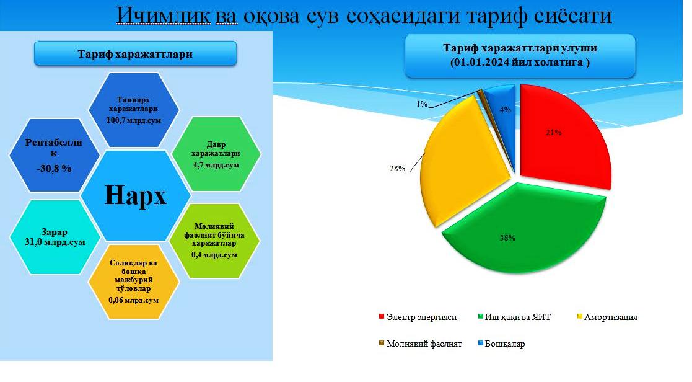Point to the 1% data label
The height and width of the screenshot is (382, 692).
pyautogui.click(x=422, y=104)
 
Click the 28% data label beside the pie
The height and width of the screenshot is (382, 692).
pyautogui.click(x=396, y=168)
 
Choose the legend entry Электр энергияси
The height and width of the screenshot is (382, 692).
pyautogui.click(x=418, y=317)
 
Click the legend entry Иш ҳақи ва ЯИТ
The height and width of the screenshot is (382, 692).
pyautogui.click(x=515, y=317)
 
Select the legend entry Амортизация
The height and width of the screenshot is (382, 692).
pyautogui.click(x=607, y=317)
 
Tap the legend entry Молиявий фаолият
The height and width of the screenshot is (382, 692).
pyautogui.click(x=420, y=344)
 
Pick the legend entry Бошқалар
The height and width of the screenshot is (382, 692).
pyautogui.click(x=501, y=344)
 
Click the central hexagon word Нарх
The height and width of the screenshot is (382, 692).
pyautogui.click(x=136, y=195)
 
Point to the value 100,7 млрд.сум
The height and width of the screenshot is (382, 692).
pyautogui.click(x=134, y=120)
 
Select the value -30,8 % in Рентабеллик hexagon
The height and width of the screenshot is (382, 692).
pyautogui.click(x=54, y=168)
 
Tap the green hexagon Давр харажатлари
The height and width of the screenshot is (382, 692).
pyautogui.click(x=216, y=154)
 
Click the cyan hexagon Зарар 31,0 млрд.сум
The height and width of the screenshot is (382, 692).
pyautogui.click(x=55, y=237)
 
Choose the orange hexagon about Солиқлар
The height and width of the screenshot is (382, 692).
pyautogui.click(x=134, y=282)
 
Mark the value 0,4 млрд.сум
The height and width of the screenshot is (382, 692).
pyautogui.click(x=214, y=255)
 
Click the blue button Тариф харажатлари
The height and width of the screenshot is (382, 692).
pyautogui.click(x=135, y=54)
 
